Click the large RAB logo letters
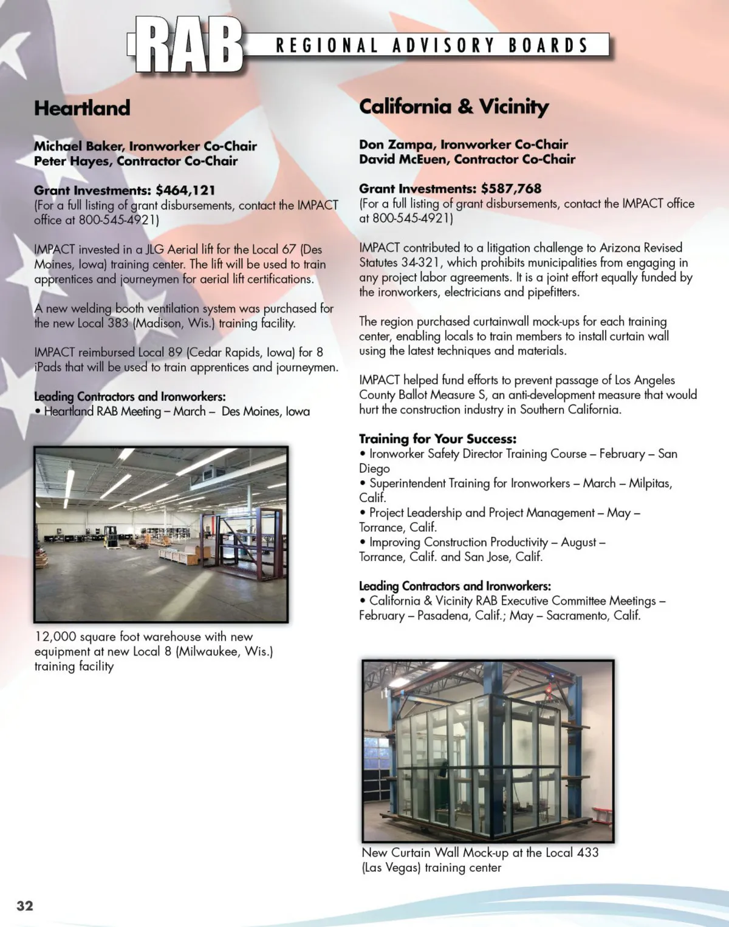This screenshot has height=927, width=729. coord(188,45)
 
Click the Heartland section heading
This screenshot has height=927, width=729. coord(82,108)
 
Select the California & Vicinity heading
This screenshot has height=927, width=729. coord(454,106)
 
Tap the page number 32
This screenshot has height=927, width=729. coord(25,906)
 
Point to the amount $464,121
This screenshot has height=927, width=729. coord(185,190)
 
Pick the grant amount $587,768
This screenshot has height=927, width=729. coord(511,188)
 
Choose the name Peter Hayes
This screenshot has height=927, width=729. coord(72,161)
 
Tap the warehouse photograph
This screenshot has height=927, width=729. coord(161,534)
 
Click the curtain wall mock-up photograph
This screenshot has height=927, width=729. coord(488,750)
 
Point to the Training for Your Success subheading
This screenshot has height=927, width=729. coord(437,438)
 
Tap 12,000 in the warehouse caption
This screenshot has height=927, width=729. coord(56,637)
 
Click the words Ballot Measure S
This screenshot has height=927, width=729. coord(442,395)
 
